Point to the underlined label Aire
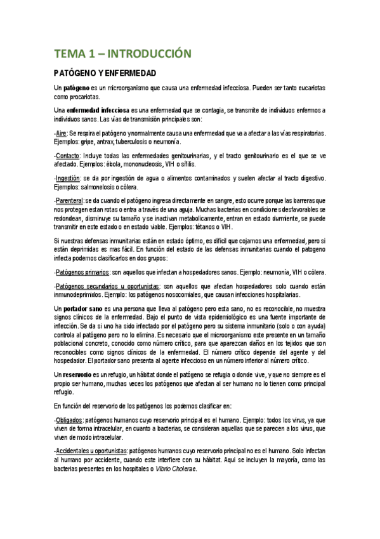62,133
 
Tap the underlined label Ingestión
68,179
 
